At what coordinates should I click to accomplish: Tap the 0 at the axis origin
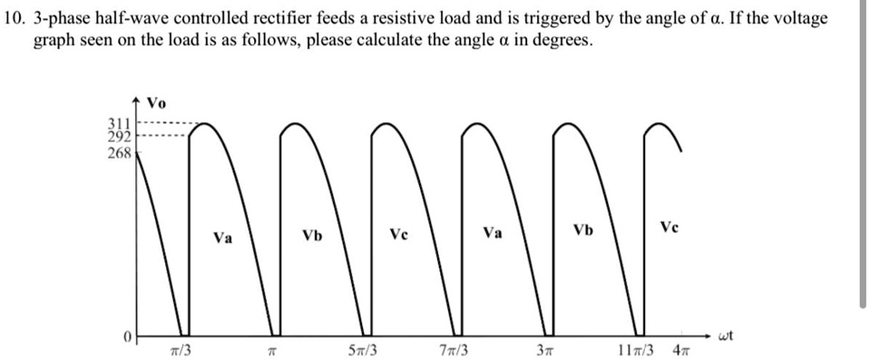click(x=129, y=337)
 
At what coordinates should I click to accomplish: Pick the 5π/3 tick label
click(x=363, y=350)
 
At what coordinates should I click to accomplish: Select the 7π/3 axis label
click(x=453, y=350)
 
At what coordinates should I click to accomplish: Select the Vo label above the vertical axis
click(x=156, y=102)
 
